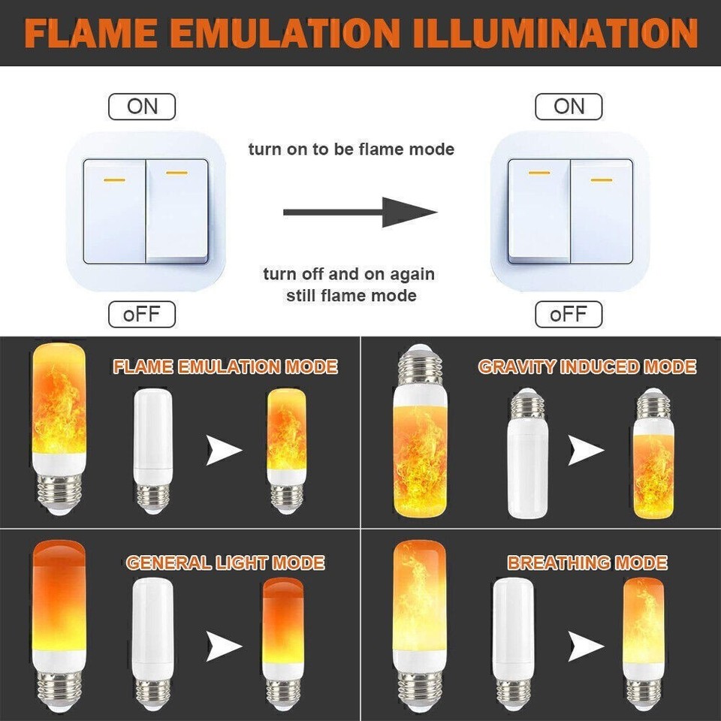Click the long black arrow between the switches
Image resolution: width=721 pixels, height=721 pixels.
click(x=360, y=213)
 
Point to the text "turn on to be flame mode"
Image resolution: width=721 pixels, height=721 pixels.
click(x=351, y=149)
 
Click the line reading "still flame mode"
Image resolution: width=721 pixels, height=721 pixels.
click(x=351, y=295)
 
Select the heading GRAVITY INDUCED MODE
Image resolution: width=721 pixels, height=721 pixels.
click(x=587, y=367)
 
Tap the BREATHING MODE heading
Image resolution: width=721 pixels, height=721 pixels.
click(x=587, y=563)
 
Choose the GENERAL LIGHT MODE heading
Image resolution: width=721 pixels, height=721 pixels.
click(x=225, y=563)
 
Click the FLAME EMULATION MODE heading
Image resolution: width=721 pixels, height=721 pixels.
click(x=225, y=367)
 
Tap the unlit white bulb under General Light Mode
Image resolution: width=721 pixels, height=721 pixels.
click(x=153, y=638)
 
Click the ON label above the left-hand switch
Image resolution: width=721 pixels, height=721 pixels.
click(x=142, y=106)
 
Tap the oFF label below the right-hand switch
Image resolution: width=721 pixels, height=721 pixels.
click(x=569, y=314)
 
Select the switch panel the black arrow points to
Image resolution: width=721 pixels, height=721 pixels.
click(x=569, y=211)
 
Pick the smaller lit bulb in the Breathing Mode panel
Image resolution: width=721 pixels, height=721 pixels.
click(x=643, y=638)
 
